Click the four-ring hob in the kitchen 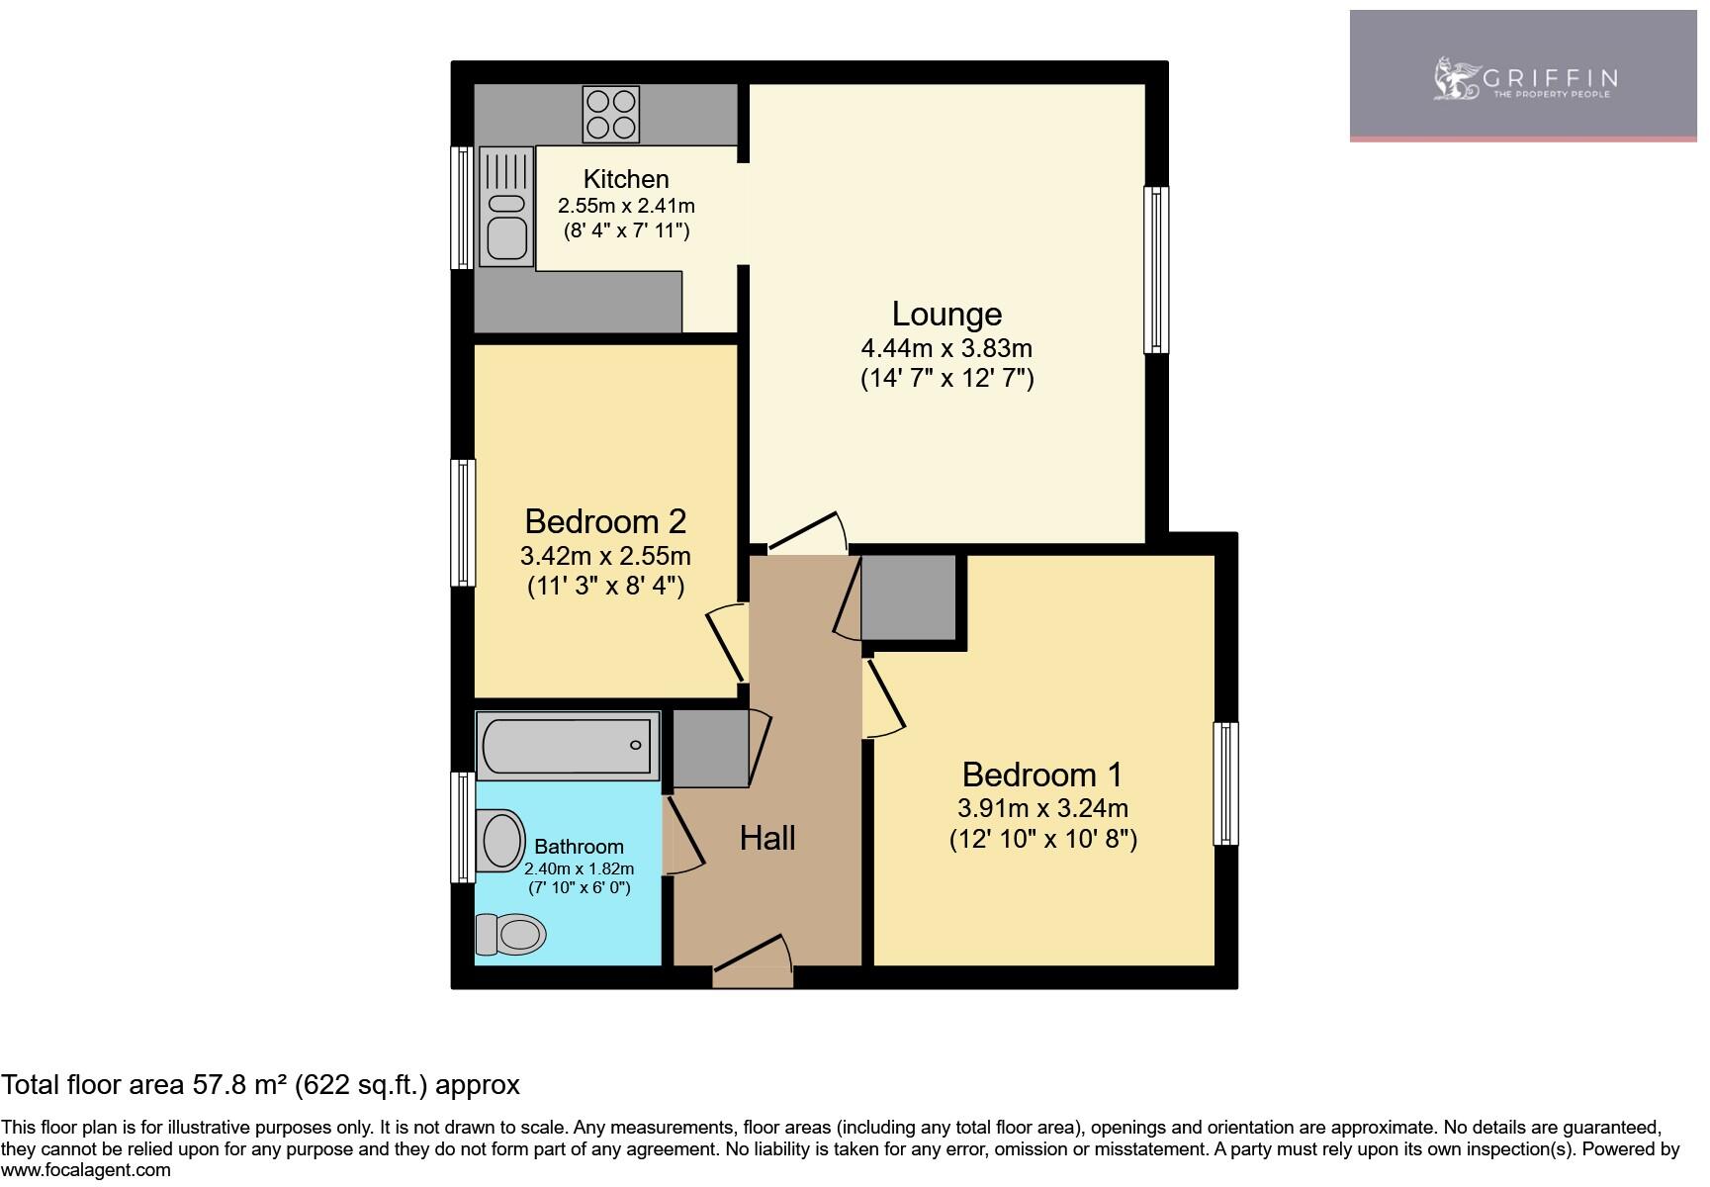[611, 115]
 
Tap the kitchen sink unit [506, 207]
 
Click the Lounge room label [946, 314]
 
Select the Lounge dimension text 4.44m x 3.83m [946, 348]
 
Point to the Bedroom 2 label [605, 521]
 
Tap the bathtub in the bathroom [568, 745]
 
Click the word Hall [767, 839]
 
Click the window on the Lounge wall [1156, 269]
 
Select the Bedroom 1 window [1225, 783]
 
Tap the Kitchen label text [626, 179]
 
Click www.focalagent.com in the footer [86, 1170]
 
